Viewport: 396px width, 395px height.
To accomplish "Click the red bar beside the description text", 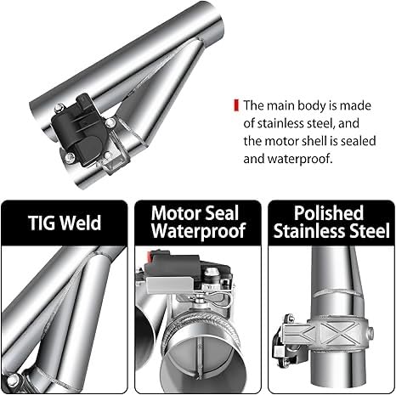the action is (236, 105).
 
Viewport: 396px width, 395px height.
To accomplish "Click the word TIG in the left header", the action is (42, 223).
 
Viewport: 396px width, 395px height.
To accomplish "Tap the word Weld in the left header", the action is (81, 223).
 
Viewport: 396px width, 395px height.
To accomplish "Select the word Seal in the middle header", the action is (220, 213).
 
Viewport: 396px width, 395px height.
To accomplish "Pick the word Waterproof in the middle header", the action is (198, 231).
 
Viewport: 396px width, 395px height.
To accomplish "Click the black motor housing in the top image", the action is (80, 129).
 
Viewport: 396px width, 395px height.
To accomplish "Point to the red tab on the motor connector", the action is (150, 257).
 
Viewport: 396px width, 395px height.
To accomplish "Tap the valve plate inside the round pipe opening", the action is (201, 358).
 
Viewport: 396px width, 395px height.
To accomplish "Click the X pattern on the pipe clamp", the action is (344, 332).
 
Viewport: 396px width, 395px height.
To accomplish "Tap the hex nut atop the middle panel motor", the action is (211, 272).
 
